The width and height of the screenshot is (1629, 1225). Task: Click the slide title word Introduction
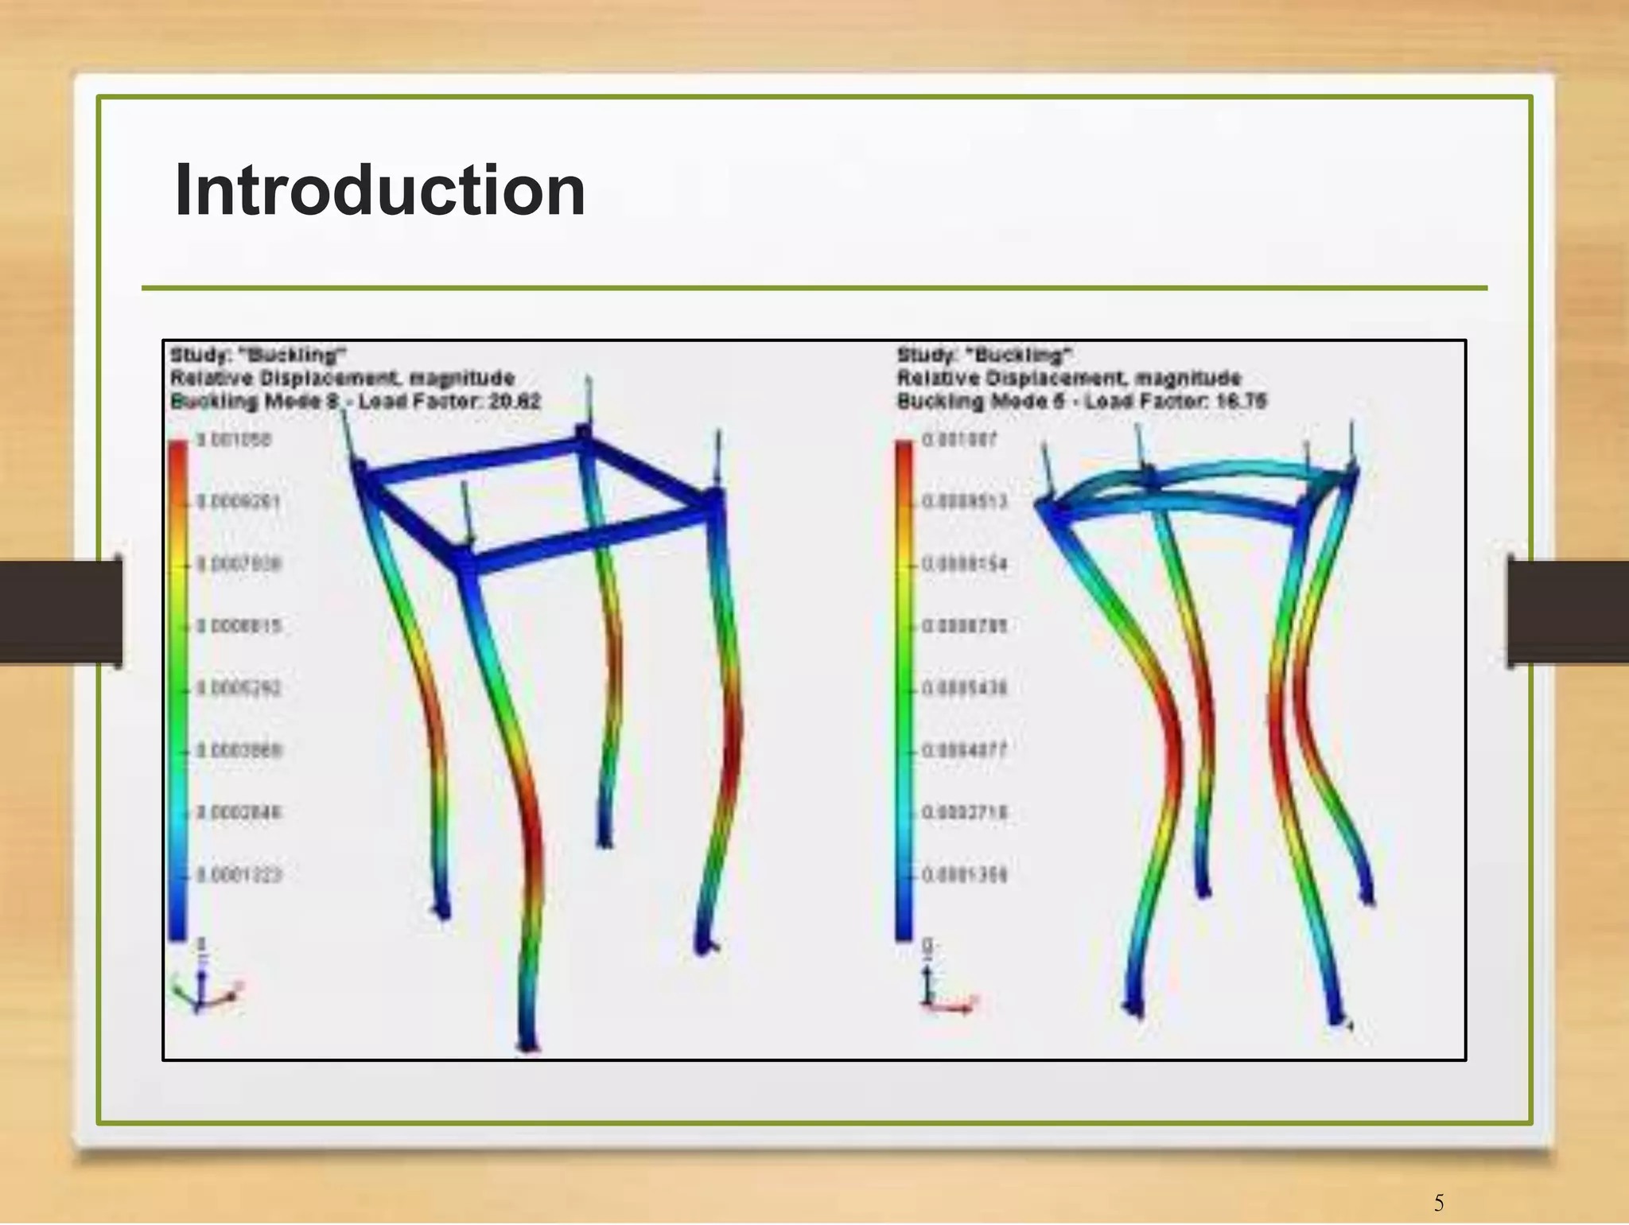click(x=380, y=190)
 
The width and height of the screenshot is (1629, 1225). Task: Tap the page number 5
click(x=1438, y=1202)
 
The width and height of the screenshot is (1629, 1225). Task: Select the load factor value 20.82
click(x=515, y=401)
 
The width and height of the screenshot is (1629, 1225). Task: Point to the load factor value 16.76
click(x=1241, y=401)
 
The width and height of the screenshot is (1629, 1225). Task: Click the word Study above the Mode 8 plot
click(x=192, y=354)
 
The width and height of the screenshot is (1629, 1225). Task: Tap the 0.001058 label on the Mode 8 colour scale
click(x=235, y=440)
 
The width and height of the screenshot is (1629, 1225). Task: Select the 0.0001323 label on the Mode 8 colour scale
click(x=239, y=875)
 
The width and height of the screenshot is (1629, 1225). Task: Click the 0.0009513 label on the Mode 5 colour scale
click(x=965, y=501)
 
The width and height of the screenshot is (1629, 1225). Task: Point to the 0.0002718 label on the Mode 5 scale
click(x=965, y=812)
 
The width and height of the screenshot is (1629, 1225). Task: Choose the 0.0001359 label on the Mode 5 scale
click(x=965, y=875)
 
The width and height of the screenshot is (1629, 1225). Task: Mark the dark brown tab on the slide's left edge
click(x=60, y=611)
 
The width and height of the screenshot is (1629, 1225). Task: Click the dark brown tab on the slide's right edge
click(x=1567, y=611)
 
